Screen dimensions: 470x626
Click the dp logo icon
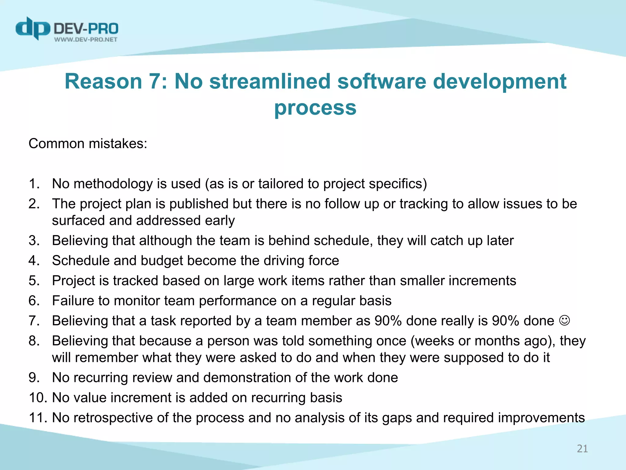pos(33,28)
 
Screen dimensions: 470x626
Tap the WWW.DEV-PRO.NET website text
pos(86,39)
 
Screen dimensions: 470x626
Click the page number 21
pos(582,449)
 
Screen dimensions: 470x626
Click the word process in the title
pos(315,108)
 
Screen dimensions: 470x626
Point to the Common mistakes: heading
pos(88,144)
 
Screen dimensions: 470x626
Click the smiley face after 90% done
pos(564,320)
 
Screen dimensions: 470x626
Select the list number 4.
pos(34,261)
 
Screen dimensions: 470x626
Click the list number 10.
pos(37,398)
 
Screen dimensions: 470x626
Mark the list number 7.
pos(34,321)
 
